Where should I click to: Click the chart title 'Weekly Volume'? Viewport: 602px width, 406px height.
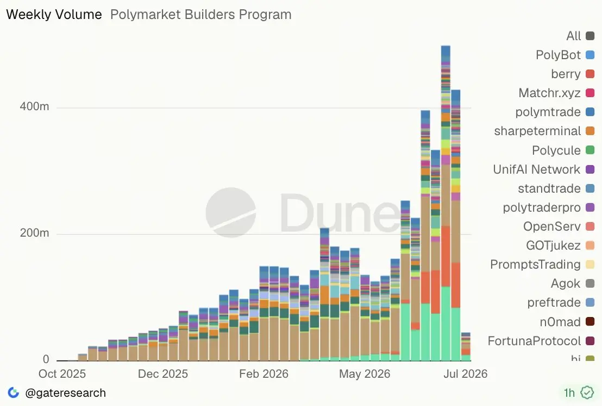click(x=54, y=15)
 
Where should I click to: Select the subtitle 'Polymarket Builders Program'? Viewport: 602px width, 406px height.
click(x=201, y=15)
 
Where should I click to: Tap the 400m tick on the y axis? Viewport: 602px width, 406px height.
click(x=35, y=106)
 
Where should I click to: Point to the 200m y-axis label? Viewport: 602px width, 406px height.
click(x=35, y=233)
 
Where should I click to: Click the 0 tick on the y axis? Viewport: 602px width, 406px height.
click(x=46, y=359)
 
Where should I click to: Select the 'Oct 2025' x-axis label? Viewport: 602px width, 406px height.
click(x=62, y=374)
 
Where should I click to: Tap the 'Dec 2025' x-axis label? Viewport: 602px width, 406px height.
click(x=163, y=374)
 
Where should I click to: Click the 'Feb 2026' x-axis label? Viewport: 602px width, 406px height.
click(x=264, y=374)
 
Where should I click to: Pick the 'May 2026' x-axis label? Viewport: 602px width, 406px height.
click(x=365, y=374)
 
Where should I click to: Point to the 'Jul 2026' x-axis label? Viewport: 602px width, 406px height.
click(x=465, y=374)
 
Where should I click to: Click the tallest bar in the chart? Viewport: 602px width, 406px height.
click(x=446, y=203)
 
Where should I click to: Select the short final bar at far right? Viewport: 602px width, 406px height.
click(x=466, y=347)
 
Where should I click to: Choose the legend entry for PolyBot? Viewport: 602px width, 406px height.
click(x=565, y=55)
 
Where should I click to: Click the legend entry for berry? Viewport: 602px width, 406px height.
click(x=573, y=74)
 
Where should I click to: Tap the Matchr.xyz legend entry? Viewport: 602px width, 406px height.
click(x=556, y=93)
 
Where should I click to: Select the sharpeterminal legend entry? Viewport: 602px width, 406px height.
click(x=544, y=131)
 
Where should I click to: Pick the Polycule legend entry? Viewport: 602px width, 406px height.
click(x=563, y=150)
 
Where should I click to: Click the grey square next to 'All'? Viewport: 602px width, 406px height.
click(x=590, y=36)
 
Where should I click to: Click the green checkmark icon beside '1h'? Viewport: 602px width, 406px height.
click(x=587, y=392)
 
